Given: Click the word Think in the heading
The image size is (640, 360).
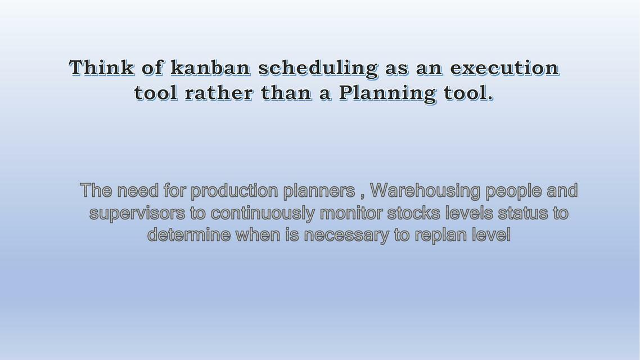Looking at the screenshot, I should (102, 67).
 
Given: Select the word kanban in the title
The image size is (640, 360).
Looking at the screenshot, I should (210, 67).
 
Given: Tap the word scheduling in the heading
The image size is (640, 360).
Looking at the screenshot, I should (318, 68).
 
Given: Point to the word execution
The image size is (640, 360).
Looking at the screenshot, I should (504, 67).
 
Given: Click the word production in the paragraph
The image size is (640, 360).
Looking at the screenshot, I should (234, 191).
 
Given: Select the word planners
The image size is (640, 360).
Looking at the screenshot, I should (319, 191).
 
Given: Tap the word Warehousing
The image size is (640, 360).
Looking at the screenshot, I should (425, 191).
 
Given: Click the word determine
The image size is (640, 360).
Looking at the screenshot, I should (188, 235).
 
